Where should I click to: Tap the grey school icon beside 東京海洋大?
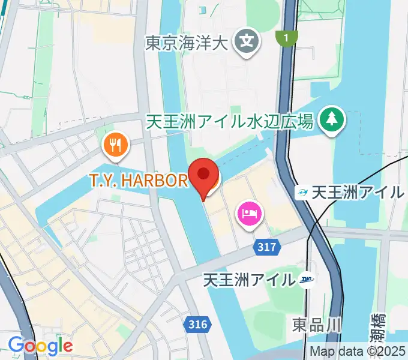coord(246,41)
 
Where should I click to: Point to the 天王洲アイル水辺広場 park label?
coord(230,122)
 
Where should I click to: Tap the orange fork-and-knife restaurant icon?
coord(114,144)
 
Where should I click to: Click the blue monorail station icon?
coord(303,193)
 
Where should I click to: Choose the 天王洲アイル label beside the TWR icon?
coord(250,280)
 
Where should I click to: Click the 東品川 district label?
coord(317,325)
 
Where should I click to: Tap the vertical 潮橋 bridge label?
coord(376,327)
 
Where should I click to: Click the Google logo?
coord(40,346)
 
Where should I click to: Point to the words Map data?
coord(337,352)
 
